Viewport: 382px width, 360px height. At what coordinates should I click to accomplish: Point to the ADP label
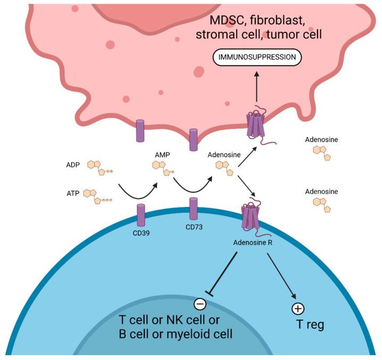coord(74,165)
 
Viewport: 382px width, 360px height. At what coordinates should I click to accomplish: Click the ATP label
coord(74,194)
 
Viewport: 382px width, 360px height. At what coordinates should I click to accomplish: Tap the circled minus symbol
coord(200,304)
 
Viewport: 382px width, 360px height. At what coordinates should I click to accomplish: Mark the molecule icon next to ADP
coord(99,166)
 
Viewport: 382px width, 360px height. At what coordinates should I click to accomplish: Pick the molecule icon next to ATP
coord(101,195)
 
